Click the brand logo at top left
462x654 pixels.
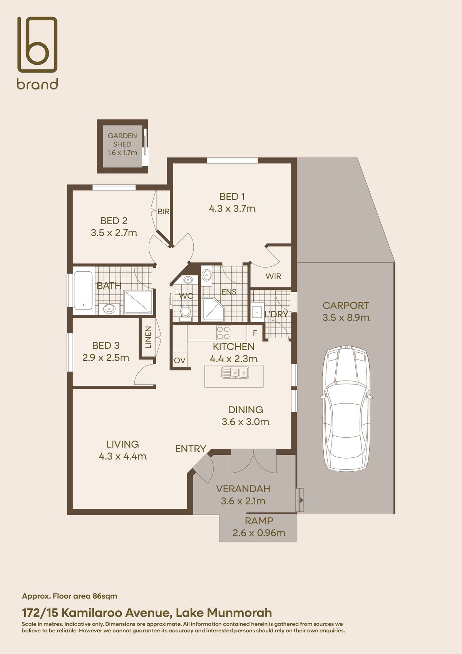[x=37, y=52]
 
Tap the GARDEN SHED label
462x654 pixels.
[x=122, y=140]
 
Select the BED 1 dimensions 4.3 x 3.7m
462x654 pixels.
[x=232, y=208]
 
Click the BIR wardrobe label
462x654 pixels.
[x=163, y=211]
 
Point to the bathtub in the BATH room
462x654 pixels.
[x=84, y=291]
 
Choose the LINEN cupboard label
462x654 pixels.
[x=148, y=337]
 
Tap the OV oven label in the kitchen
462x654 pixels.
[x=180, y=360]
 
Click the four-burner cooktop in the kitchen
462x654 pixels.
[x=224, y=333]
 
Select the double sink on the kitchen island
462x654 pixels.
[x=235, y=373]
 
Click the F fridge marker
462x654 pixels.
[x=254, y=333]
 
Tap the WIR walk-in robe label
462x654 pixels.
[x=273, y=276]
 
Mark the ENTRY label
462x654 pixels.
[x=191, y=449]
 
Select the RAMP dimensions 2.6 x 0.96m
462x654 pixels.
[x=259, y=533]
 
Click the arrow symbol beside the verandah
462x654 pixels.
[x=301, y=500]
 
